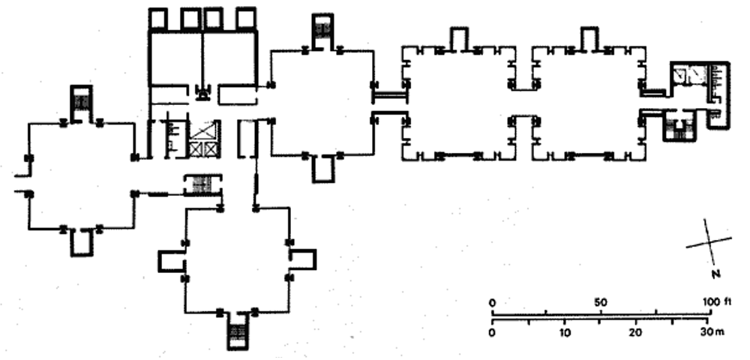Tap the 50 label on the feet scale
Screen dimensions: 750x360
pyautogui.click(x=599, y=302)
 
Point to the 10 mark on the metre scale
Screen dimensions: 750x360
pyautogui.click(x=565, y=332)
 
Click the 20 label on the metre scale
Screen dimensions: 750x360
pyautogui.click(x=635, y=332)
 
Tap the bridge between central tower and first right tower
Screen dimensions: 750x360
pyautogui.click(x=389, y=94)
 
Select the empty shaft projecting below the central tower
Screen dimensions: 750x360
pyautogui.click(x=322, y=169)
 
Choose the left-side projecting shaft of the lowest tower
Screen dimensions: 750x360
pyautogui.click(x=169, y=259)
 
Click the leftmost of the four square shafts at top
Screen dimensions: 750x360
pyautogui.click(x=159, y=18)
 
